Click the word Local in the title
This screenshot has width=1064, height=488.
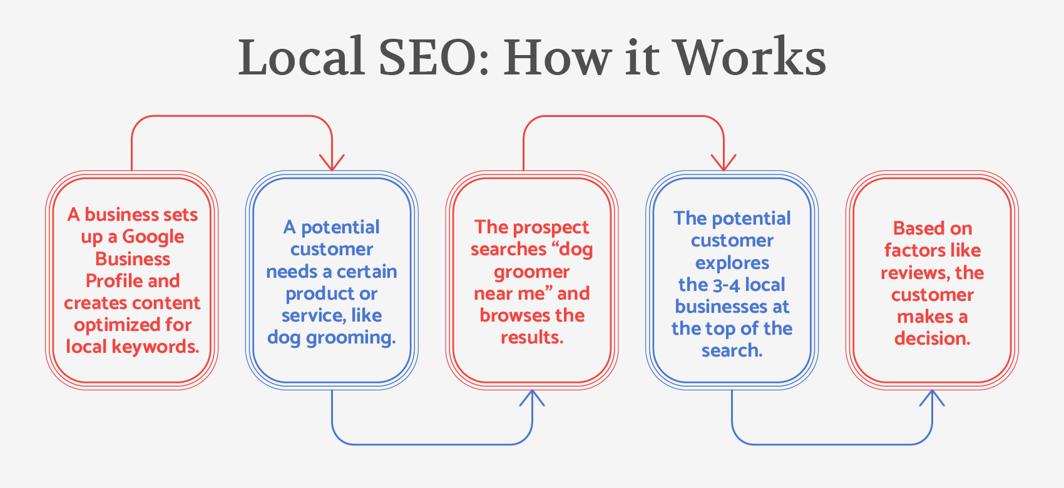pos(301,58)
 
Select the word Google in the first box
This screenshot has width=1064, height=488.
pos(153,237)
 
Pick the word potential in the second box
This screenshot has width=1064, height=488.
pos(340,228)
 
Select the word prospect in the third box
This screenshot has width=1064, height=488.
pos(551,228)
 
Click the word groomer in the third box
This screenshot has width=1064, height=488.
pos(531,272)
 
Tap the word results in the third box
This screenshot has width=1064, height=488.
pos(531,338)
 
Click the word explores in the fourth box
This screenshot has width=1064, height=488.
pos(732,263)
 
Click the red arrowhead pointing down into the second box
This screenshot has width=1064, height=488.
pos(332,163)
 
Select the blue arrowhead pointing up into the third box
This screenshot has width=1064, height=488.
pos(532,397)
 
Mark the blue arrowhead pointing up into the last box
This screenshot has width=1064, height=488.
pos(932,397)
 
